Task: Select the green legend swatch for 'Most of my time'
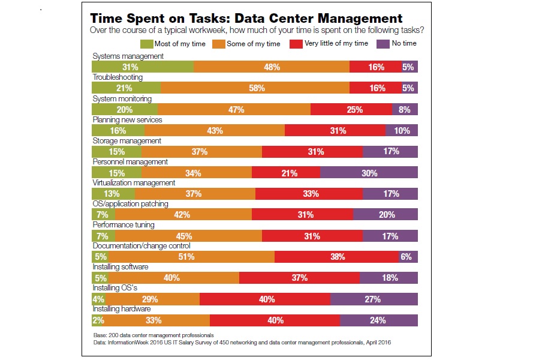[x=147, y=43]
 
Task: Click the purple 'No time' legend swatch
[x=383, y=43]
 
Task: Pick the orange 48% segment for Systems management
[x=272, y=67]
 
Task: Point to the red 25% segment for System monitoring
[x=351, y=109]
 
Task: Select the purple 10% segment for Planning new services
[x=402, y=130]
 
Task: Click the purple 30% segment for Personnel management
[x=369, y=173]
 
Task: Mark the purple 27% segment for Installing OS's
[x=374, y=299]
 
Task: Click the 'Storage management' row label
[x=127, y=141]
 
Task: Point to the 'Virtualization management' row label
[x=134, y=183]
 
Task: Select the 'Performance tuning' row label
[x=124, y=225]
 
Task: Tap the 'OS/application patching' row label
[x=130, y=204]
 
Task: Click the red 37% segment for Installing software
[x=299, y=278]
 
